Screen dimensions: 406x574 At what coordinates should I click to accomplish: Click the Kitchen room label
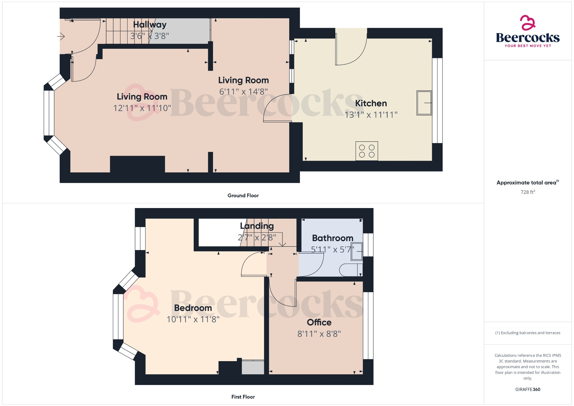(x=371, y=103)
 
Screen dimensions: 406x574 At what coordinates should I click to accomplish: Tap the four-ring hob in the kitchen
(x=367, y=151)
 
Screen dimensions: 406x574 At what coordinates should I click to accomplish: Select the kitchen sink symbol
(x=424, y=103)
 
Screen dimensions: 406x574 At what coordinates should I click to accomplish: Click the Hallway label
(x=150, y=25)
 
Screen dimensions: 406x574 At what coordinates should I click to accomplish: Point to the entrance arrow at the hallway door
(x=61, y=36)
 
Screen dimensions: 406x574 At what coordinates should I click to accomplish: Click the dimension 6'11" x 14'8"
(x=243, y=91)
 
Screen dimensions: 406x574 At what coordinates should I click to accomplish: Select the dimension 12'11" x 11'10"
(x=142, y=108)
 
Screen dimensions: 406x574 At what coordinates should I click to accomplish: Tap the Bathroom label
(x=332, y=238)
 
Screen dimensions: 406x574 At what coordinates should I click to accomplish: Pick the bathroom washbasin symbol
(x=357, y=252)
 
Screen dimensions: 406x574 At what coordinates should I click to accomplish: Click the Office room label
(x=319, y=322)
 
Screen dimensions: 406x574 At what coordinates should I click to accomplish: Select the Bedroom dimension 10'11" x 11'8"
(x=193, y=319)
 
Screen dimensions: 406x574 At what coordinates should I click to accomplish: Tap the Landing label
(x=257, y=226)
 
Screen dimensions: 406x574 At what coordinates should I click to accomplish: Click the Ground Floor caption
(x=243, y=195)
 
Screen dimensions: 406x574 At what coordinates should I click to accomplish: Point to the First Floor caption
(x=243, y=397)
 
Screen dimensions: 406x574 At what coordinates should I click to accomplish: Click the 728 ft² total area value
(x=527, y=192)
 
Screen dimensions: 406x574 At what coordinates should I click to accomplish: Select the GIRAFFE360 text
(x=527, y=389)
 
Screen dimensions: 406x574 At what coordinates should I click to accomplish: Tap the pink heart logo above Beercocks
(x=527, y=23)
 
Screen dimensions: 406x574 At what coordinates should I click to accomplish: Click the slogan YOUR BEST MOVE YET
(x=527, y=46)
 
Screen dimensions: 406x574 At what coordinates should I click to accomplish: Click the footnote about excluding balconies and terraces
(x=527, y=333)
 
